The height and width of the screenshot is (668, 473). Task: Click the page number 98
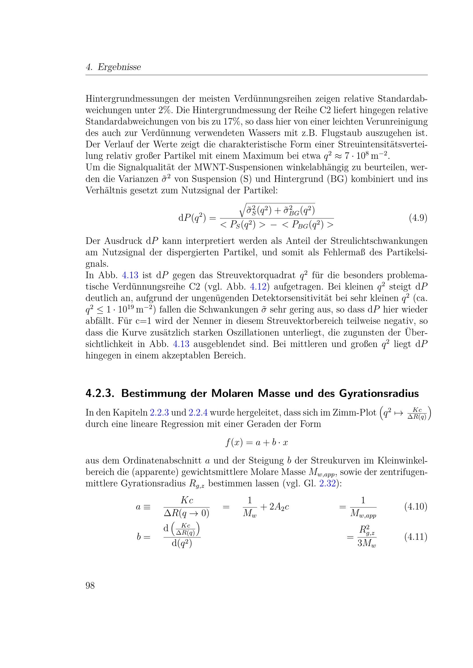(x=90, y=585)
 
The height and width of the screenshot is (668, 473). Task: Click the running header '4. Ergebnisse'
(x=113, y=67)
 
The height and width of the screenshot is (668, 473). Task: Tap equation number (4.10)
(x=416, y=507)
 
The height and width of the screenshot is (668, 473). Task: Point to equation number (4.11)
(x=416, y=537)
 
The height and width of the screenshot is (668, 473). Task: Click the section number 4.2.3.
(x=100, y=393)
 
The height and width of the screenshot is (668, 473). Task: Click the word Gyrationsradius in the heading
(x=379, y=394)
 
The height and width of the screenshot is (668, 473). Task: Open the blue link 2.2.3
(x=159, y=413)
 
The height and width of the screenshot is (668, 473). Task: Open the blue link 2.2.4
(x=198, y=413)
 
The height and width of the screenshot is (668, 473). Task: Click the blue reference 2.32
(x=327, y=484)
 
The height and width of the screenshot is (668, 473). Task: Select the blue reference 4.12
(x=258, y=286)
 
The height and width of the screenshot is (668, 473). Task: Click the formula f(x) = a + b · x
(x=257, y=442)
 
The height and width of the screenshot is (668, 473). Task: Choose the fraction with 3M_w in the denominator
(x=367, y=537)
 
